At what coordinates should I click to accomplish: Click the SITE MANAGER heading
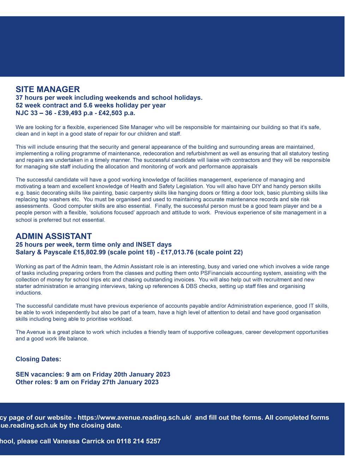coord(48,89)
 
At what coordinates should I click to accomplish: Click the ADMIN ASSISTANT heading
coord(54,236)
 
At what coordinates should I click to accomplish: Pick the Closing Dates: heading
coord(38,359)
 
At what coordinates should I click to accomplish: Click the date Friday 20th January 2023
coord(131,374)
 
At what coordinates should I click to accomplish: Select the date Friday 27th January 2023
coord(120,382)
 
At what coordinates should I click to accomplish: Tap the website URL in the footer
coord(135,418)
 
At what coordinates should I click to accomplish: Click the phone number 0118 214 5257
coord(138,441)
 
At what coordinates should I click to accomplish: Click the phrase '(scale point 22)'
coord(219,252)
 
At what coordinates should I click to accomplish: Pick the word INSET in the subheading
coord(145,244)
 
